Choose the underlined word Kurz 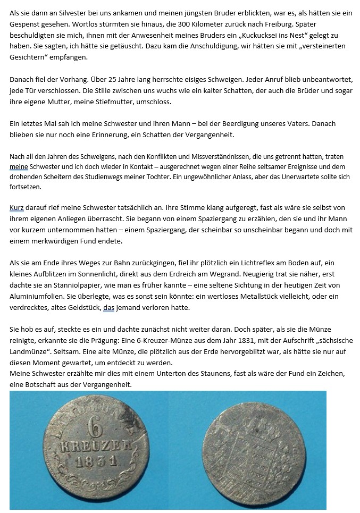point(16,208)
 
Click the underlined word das point(108,307)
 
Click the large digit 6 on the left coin point(95,427)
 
